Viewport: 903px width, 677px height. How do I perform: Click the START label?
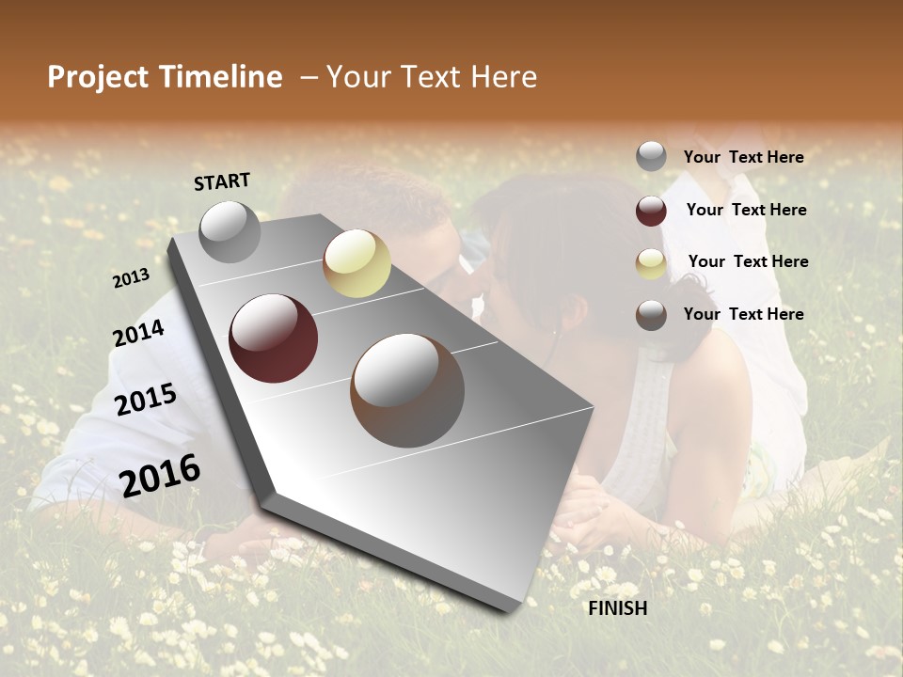[x=222, y=181]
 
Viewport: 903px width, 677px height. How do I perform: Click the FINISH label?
[x=618, y=608]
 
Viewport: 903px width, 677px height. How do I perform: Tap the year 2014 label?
[x=138, y=333]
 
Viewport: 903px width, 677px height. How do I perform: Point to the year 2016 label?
[x=160, y=476]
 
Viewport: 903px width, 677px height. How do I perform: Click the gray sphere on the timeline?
[x=230, y=231]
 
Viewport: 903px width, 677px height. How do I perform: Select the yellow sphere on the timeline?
[x=356, y=263]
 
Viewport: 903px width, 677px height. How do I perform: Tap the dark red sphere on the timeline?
[x=274, y=338]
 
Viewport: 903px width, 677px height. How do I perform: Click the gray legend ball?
[x=651, y=156]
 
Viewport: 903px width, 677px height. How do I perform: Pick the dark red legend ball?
[x=651, y=211]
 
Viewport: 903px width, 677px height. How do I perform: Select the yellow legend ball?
[x=651, y=263]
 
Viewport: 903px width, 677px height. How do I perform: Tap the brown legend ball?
[x=651, y=315]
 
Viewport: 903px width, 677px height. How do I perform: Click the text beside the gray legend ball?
[x=743, y=157]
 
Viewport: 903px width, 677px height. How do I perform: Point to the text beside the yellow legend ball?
[x=748, y=261]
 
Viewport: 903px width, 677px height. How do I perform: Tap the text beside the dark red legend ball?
[x=746, y=210]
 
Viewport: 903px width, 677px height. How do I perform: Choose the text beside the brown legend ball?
[x=743, y=314]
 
